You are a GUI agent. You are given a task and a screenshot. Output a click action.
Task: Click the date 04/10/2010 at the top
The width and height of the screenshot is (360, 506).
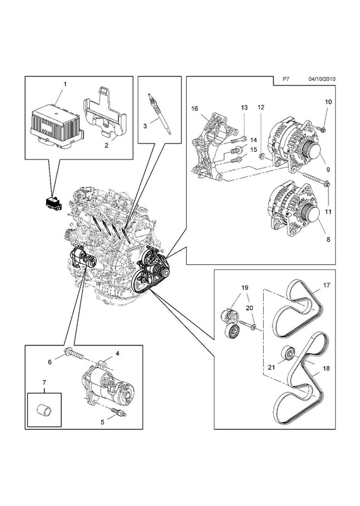(322, 78)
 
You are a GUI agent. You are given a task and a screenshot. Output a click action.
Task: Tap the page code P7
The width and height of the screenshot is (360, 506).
(285, 78)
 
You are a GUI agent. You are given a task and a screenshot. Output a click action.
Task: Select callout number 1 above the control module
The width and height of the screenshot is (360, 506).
(65, 84)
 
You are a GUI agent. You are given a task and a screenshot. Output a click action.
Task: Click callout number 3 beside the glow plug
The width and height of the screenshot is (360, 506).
(145, 126)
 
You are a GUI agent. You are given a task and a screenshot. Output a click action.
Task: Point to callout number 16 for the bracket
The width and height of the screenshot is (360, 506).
(194, 108)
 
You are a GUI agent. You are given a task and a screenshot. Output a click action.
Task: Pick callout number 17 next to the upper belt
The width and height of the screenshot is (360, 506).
(326, 285)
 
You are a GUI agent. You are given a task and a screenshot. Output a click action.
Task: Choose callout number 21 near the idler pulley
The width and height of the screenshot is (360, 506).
(271, 367)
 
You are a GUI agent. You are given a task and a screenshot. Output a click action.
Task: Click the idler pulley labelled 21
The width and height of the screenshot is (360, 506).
(288, 354)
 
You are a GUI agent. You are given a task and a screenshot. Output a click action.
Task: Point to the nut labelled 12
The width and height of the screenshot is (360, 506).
(262, 157)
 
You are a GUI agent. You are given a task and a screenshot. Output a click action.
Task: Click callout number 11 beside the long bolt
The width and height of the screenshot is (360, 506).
(328, 212)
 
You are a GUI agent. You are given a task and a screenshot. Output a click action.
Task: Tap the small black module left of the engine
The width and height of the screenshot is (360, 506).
(53, 202)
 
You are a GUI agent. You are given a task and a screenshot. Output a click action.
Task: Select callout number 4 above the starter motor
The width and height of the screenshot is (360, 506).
(117, 354)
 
